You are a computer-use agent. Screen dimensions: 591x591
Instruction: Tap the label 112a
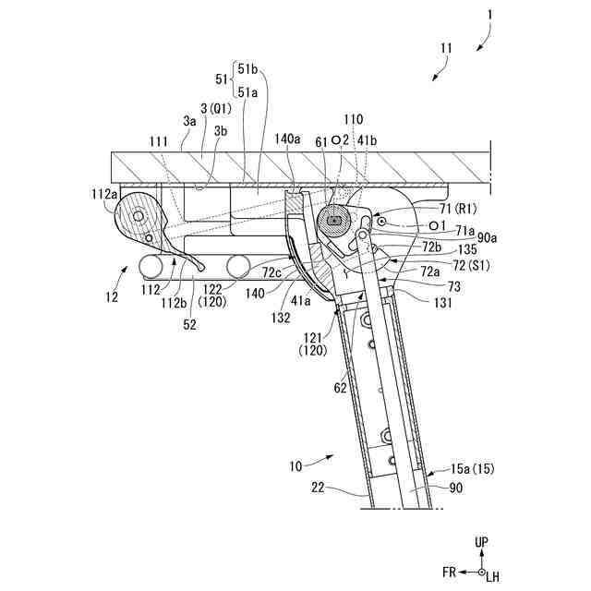tap(103, 194)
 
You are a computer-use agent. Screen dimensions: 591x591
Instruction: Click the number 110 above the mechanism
tap(353, 120)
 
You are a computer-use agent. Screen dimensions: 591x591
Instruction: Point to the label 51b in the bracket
tap(248, 68)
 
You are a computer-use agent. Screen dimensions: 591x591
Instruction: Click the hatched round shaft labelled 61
tap(332, 220)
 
